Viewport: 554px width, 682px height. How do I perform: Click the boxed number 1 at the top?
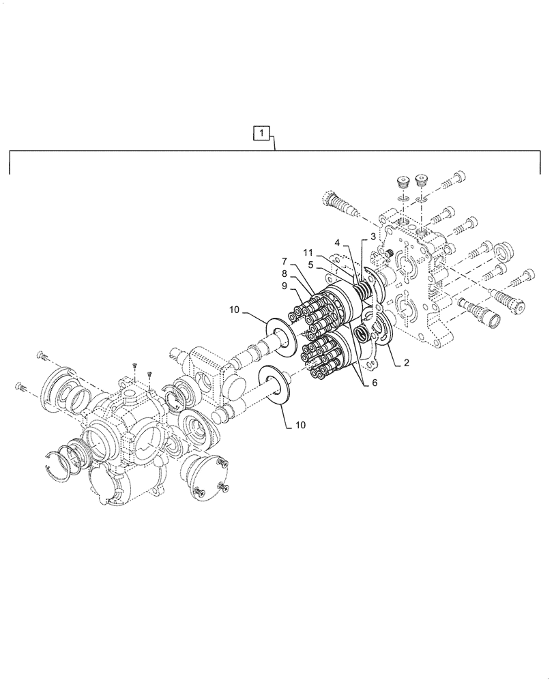click(x=263, y=132)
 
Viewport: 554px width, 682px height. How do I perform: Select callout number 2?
click(x=406, y=363)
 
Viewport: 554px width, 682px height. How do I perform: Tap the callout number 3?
click(x=373, y=236)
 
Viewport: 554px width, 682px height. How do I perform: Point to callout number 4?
click(x=337, y=241)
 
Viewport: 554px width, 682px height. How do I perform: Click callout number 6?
click(x=374, y=383)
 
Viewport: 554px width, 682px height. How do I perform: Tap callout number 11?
click(x=308, y=252)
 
